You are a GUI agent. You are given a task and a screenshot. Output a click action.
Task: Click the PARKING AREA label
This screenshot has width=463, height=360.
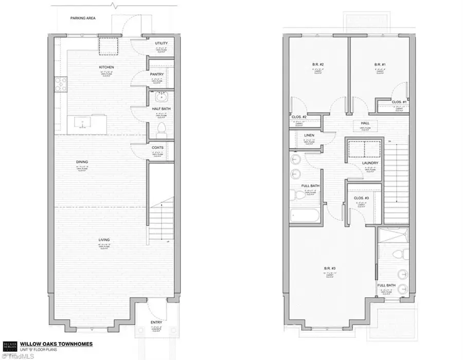coord(83,19)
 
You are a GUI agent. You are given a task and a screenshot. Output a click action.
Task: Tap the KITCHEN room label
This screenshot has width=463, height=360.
coord(106,67)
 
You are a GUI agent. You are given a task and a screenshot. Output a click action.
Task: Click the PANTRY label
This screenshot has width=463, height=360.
coord(157,75)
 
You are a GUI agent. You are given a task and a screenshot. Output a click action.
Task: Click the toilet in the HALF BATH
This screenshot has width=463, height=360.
coord(161,128)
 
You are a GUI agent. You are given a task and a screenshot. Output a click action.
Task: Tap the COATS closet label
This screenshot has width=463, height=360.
coord(157,148)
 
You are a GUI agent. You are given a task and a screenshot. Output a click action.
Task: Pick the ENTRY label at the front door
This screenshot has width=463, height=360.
coord(157,322)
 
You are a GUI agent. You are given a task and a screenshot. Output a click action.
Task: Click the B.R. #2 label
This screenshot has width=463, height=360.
coord(317,64)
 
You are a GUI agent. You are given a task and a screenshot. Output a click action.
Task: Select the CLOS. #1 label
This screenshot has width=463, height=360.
coord(399,102)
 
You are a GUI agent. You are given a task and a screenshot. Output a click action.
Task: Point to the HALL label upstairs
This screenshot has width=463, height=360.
coord(365,123)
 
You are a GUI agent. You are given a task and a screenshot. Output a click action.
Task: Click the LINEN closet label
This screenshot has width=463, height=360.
coord(309,136)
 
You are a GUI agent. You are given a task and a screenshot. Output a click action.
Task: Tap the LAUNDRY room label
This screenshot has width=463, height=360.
coord(370,164)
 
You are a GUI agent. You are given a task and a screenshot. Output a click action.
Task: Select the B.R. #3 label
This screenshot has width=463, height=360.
coord(331,268)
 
